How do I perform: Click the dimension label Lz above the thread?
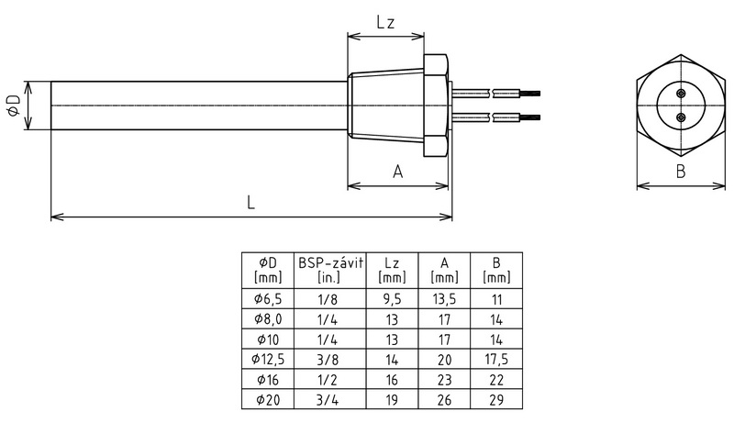(385, 24)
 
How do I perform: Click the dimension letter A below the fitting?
(397, 171)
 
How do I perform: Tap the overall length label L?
(250, 204)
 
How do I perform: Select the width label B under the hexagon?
(680, 171)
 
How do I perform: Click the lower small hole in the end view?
(680, 117)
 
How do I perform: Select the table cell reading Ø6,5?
(265, 298)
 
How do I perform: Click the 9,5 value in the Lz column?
(392, 298)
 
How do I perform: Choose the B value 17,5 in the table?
(497, 359)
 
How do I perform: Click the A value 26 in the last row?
(444, 400)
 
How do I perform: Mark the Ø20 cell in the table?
(265, 400)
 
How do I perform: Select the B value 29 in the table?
(497, 400)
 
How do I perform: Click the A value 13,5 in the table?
(444, 298)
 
